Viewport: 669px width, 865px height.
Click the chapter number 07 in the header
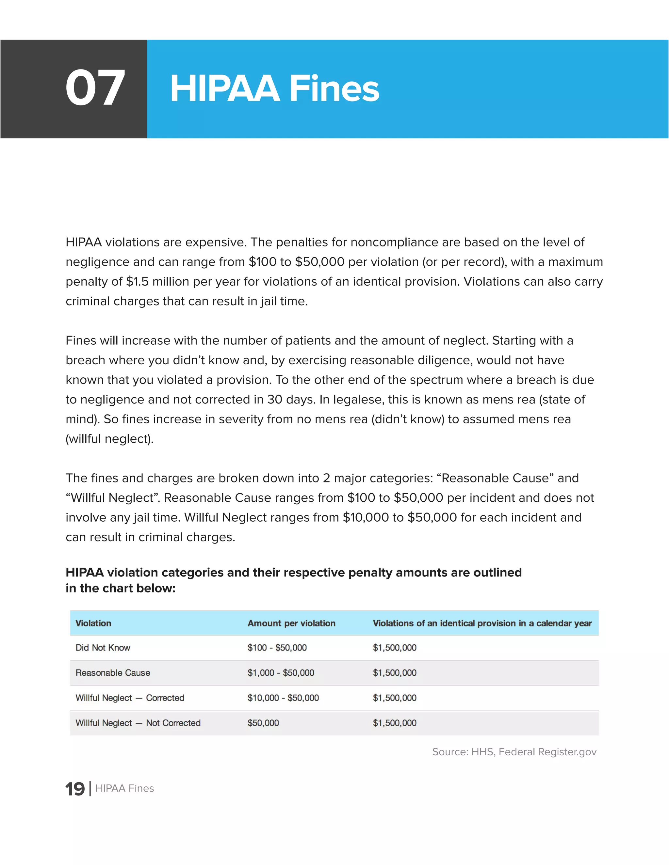pos(95,88)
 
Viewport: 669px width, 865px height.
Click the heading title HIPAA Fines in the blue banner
pos(274,89)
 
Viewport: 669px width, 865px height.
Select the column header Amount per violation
pos(291,623)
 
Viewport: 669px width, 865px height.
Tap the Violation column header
pos(93,623)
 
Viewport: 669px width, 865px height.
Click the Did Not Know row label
pos(103,648)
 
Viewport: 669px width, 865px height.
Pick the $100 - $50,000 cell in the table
pos(277,648)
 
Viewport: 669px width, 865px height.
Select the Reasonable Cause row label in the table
pos(113,672)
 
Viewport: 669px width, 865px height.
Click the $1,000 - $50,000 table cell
pos(281,672)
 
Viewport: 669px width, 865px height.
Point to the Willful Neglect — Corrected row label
pos(130,698)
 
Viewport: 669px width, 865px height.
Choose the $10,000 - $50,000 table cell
pos(283,698)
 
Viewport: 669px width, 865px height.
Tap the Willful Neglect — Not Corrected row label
pos(138,723)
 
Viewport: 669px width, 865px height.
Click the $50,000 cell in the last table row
pos(263,723)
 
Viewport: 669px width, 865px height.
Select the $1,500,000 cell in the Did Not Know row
pos(394,648)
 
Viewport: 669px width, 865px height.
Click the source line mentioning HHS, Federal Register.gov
pos(514,752)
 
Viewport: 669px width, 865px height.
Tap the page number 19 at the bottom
pos(75,789)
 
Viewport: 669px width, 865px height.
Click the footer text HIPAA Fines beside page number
pos(124,789)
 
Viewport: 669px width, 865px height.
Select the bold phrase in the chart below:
pos(121,588)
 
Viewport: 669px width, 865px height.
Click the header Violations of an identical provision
pos(482,623)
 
